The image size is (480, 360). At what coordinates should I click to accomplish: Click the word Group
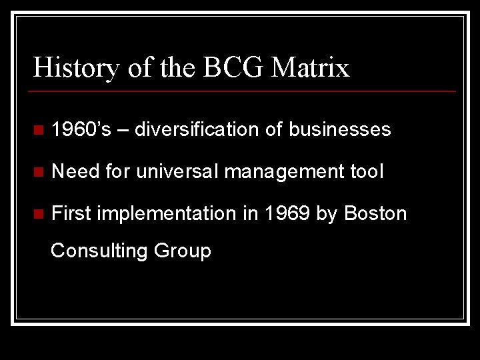click(182, 251)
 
